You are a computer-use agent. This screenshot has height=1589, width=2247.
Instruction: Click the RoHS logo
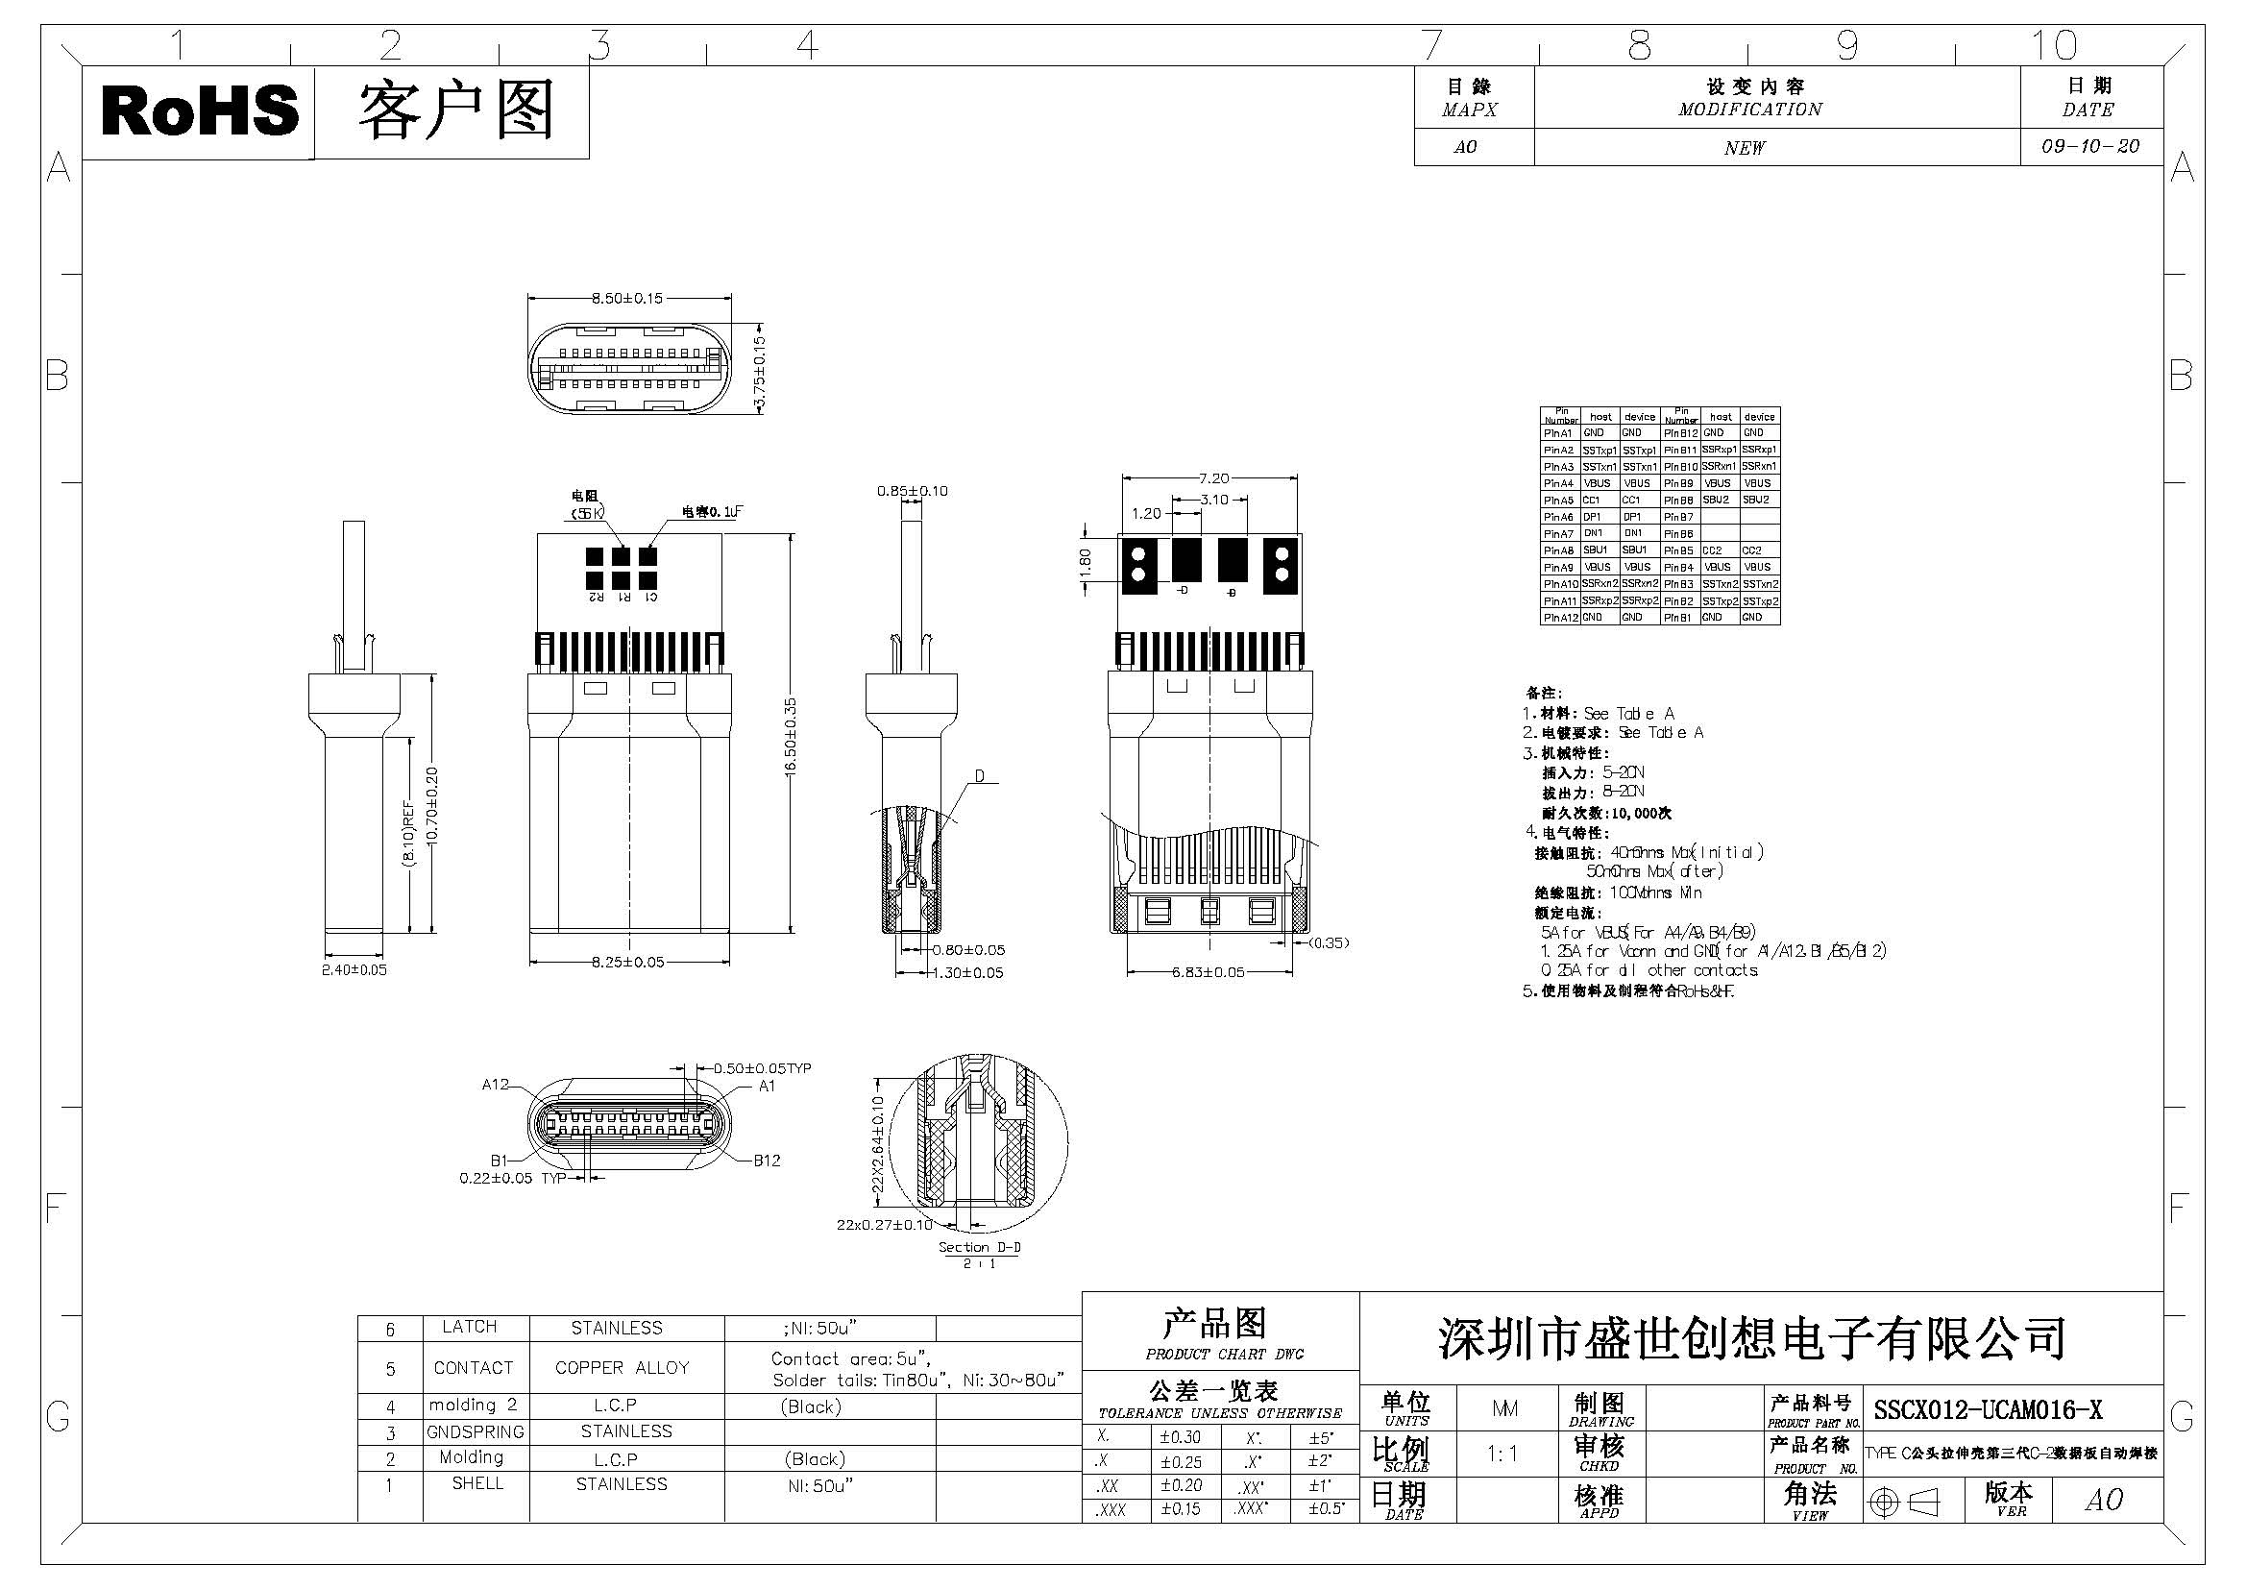click(200, 110)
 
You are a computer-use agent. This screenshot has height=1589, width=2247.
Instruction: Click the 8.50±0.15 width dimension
click(627, 298)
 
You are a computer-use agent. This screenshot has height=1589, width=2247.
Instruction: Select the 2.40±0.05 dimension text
click(354, 969)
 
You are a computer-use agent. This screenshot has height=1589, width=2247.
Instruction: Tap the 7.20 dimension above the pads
click(1213, 478)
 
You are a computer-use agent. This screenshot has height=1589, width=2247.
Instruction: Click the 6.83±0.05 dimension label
click(1209, 971)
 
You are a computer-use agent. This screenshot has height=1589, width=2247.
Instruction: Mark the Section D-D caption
click(979, 1247)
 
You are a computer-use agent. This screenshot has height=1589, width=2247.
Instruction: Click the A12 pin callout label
click(495, 1084)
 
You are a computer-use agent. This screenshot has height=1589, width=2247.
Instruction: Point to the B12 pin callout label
click(767, 1161)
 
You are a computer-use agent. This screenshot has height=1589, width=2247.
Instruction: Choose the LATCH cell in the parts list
click(470, 1327)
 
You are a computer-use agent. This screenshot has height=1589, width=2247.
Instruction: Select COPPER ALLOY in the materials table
click(622, 1368)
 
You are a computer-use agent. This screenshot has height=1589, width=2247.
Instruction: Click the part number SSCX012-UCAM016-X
click(1988, 1410)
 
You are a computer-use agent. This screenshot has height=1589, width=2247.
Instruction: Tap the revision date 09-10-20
click(2090, 146)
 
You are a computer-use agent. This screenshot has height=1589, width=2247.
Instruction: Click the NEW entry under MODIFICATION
click(1744, 148)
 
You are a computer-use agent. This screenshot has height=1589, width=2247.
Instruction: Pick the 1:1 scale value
click(1502, 1454)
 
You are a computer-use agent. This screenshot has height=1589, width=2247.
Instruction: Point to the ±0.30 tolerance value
click(1181, 1437)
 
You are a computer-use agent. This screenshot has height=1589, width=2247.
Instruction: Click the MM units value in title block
click(1504, 1408)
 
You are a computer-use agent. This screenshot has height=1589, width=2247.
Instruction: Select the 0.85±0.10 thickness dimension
click(912, 491)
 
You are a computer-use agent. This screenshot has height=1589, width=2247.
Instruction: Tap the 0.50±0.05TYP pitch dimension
click(762, 1068)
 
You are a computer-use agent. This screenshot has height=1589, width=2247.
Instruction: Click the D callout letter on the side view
click(979, 777)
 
